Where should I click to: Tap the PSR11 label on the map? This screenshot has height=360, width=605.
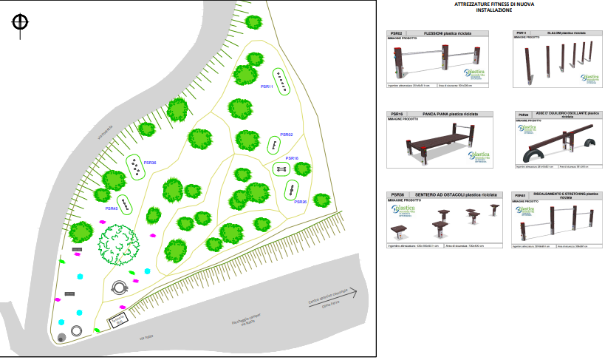point(267,86)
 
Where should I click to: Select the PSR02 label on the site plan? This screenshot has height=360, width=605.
point(286,135)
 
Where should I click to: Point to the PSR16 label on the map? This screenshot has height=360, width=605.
point(292,158)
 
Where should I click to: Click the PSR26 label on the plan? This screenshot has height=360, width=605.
point(300,202)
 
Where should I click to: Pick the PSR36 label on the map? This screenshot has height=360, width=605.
point(149,163)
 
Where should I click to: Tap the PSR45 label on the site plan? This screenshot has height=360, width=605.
point(112,209)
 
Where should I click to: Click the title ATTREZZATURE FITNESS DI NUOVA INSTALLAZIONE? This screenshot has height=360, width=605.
point(495,7)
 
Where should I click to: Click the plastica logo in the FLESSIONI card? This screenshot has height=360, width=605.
point(476,72)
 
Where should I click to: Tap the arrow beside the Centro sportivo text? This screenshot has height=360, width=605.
point(346,293)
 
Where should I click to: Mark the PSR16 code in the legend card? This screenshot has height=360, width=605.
point(397,115)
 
